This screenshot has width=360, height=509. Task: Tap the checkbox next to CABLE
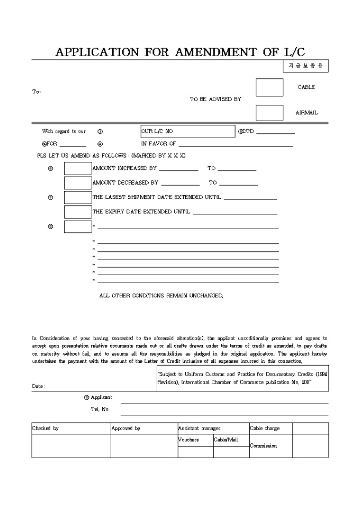269,87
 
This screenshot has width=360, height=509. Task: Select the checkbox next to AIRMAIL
269,113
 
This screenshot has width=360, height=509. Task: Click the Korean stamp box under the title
305,66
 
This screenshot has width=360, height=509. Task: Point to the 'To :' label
37,92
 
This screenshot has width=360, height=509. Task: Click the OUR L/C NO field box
187,131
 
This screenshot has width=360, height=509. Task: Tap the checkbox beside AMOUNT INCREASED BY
78,169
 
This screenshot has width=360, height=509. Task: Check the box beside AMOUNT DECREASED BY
78,183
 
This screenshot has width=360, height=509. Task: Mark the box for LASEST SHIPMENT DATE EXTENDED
78,197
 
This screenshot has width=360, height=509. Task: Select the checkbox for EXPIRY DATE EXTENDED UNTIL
78,212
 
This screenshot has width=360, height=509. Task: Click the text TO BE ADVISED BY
215,99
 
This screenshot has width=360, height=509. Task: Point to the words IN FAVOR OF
158,143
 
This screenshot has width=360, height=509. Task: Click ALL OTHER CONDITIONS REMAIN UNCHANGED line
161,296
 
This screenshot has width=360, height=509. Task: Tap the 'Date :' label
39,386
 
